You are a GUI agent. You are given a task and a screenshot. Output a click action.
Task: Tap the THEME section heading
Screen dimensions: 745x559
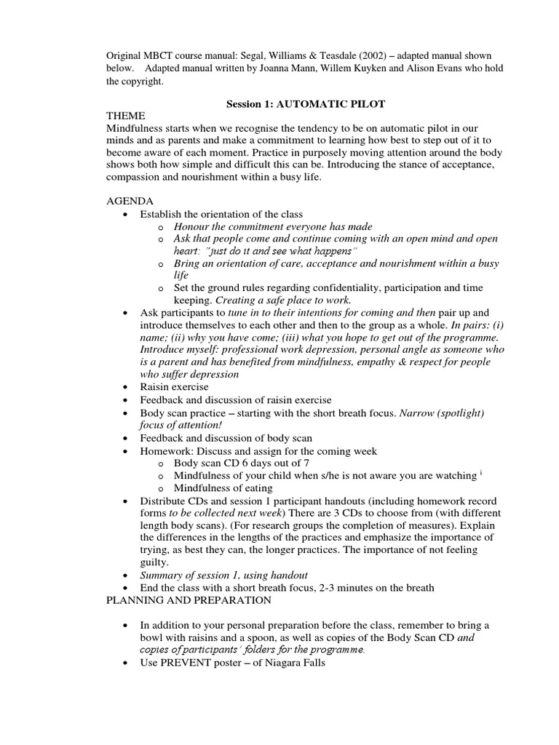tap(126, 116)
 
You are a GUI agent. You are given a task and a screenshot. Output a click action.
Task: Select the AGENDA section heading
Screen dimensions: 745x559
tap(130, 201)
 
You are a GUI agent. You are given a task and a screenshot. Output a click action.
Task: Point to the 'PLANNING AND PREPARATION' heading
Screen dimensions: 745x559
tap(189, 600)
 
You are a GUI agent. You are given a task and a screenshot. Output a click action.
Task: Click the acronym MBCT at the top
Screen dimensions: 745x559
tap(162, 56)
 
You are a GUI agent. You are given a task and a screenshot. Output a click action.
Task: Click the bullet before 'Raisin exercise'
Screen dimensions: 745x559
tap(127, 388)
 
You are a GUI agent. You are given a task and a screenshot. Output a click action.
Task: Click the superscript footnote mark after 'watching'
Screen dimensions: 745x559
tap(481, 473)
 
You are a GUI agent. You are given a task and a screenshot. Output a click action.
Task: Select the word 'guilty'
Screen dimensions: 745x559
tap(154, 562)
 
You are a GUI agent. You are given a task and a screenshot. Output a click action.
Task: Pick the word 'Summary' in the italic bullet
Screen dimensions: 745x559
tap(162, 575)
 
